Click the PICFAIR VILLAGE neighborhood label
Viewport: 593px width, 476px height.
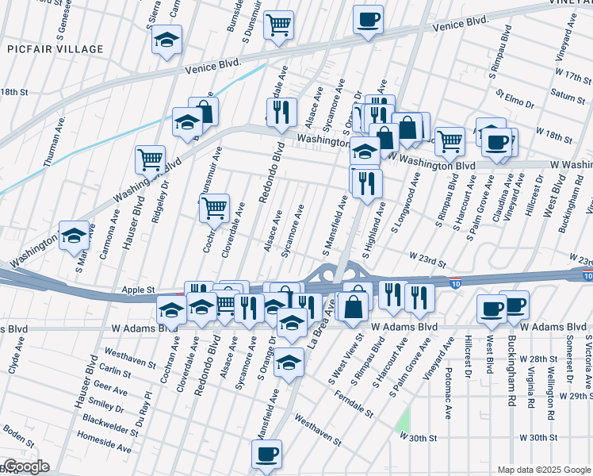click(x=55, y=49)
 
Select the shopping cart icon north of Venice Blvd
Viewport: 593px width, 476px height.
click(x=278, y=26)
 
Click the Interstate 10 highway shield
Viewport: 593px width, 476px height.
click(x=454, y=282)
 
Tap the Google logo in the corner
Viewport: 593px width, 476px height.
click(x=25, y=466)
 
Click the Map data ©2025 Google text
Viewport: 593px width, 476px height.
click(x=542, y=470)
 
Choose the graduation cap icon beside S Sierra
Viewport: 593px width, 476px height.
click(x=167, y=40)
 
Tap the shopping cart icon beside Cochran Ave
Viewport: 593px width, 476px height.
click(x=214, y=208)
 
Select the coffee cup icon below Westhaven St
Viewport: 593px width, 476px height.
click(x=266, y=454)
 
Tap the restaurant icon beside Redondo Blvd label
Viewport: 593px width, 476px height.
click(x=281, y=113)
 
